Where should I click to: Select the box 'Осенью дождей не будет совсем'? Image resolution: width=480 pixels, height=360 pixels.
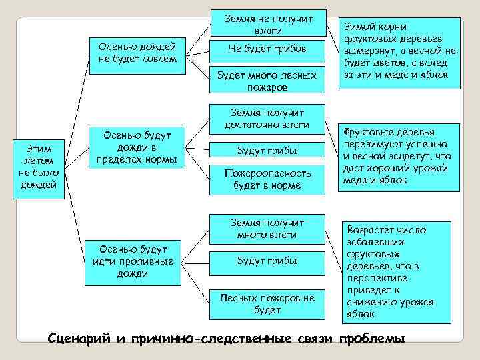tap(137, 52)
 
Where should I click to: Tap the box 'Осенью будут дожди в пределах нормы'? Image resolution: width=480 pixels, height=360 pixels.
tap(137, 148)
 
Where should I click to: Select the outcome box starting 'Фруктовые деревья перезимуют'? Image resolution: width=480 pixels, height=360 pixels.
tap(400, 157)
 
